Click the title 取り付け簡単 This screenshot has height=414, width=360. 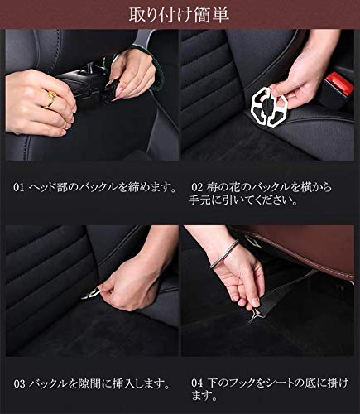(179, 15)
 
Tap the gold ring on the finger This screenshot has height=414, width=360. (50, 99)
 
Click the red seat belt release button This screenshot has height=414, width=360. (339, 83)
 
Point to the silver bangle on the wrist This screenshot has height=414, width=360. (224, 253)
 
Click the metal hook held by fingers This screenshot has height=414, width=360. (255, 315)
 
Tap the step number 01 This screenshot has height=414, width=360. (19, 188)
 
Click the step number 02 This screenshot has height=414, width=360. (197, 188)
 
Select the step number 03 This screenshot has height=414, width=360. (19, 384)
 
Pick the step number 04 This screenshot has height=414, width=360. (197, 383)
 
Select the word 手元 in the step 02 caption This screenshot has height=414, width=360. (199, 201)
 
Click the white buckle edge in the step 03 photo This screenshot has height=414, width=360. (90, 293)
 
